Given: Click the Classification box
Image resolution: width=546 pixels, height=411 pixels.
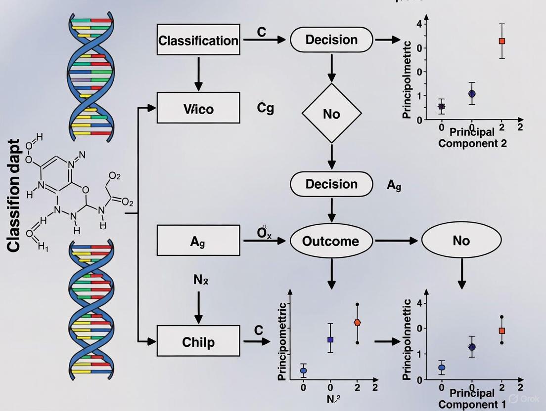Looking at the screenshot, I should coord(198,40).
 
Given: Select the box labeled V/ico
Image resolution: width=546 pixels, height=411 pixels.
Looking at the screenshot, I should coord(198,108).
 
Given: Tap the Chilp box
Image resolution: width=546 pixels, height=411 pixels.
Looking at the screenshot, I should coord(198,341).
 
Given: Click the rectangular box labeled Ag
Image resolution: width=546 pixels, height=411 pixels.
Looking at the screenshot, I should coord(198,241).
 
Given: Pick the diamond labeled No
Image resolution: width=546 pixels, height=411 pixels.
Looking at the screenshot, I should coord(331,114).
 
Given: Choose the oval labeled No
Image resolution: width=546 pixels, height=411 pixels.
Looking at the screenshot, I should coord(461,241).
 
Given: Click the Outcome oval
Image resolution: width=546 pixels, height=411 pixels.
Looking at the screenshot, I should coord(331,241).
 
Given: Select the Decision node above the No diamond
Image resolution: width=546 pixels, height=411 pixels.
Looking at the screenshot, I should coord(331,40).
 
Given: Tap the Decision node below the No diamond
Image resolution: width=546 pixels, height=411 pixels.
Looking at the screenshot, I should coord(331,184).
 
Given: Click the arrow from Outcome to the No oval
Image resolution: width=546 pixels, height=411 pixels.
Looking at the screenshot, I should coord(397,241).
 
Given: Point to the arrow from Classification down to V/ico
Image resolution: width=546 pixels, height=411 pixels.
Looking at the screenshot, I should coord(198,74).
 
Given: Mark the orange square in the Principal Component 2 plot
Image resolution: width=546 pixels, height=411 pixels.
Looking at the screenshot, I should coord(502,41).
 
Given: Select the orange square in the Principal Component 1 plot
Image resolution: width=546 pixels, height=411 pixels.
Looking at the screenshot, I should coord(502,330).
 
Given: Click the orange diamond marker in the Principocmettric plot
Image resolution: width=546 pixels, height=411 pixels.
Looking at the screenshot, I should coord(357,323).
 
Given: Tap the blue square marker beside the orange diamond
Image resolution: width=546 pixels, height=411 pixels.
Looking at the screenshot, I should coord(330,339).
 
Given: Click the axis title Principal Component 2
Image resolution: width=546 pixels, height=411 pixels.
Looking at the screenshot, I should coord(472,138).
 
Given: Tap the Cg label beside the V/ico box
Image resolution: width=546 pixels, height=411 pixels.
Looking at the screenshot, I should coord(265,108).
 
